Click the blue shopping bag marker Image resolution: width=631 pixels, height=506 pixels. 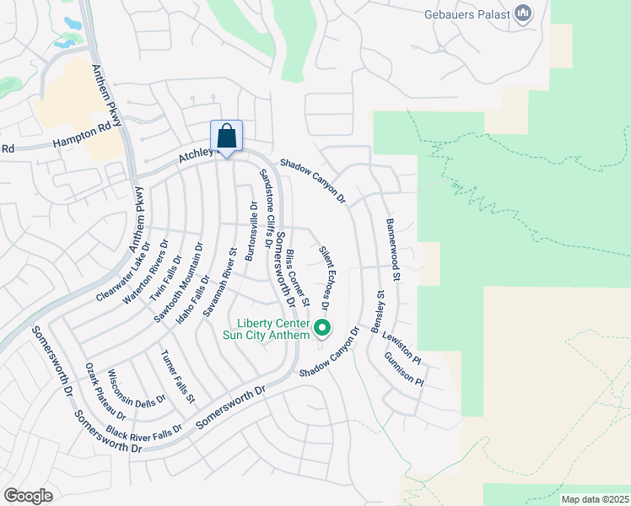226,137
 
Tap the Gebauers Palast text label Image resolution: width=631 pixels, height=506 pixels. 467,13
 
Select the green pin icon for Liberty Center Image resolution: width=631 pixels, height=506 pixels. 321,328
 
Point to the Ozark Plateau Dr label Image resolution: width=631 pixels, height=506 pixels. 105,391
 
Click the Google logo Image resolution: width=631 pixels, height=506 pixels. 28,496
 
